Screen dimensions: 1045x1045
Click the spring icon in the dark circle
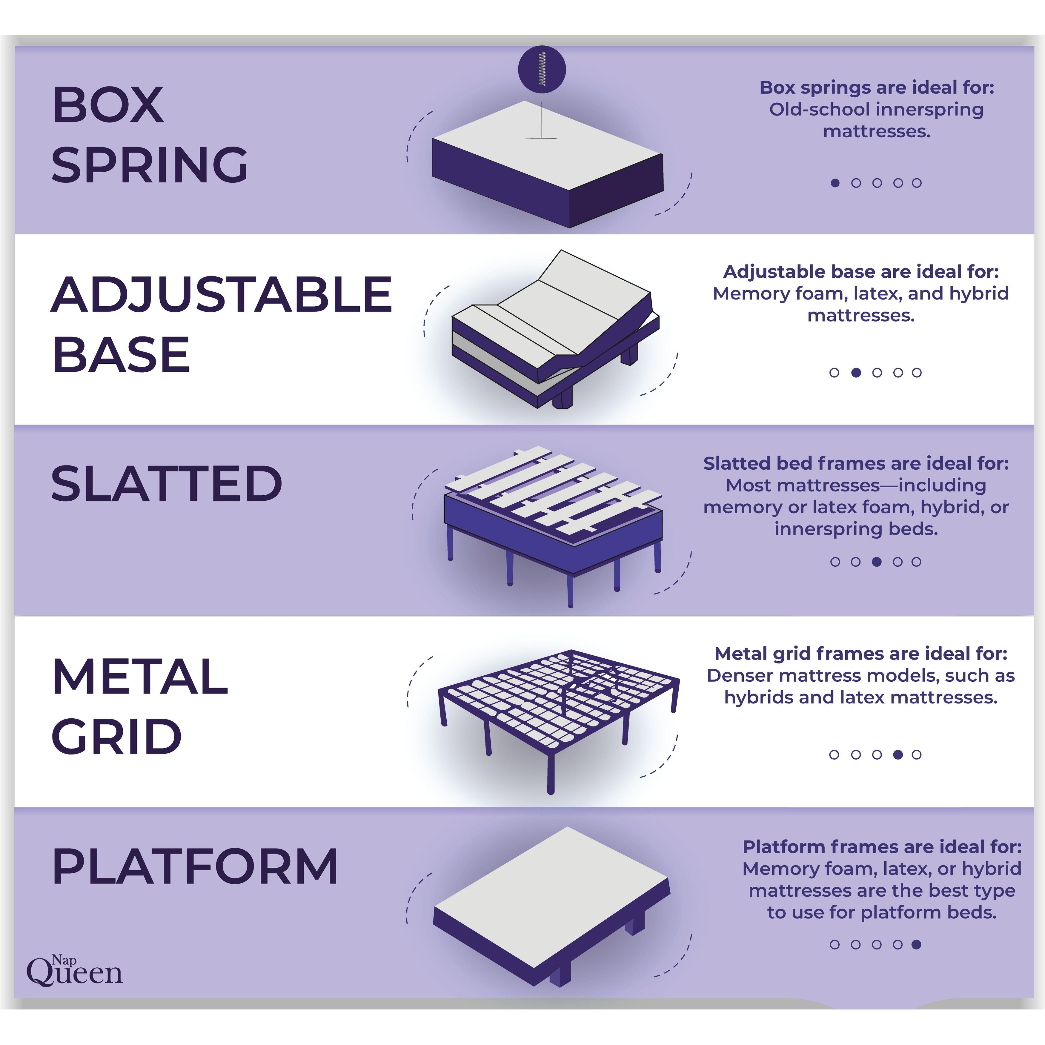point(541,69)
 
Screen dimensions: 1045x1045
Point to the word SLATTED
point(166,484)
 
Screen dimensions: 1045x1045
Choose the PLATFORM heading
point(195,867)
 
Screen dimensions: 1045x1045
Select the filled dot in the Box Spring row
point(835,183)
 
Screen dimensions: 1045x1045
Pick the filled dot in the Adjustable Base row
point(856,372)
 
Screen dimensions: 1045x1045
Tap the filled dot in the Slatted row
point(877,561)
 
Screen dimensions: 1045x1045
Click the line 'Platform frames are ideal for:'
point(882,846)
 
